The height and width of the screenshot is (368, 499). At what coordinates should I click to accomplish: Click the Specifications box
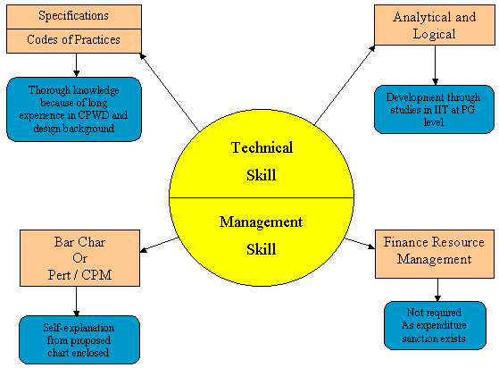[74, 17]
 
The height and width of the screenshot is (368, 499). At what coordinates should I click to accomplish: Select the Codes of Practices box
[74, 41]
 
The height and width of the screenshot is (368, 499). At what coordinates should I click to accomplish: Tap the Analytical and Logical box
[435, 25]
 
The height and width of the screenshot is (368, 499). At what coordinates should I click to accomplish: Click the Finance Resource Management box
[435, 254]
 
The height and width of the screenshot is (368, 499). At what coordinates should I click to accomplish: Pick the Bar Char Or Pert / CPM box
[79, 258]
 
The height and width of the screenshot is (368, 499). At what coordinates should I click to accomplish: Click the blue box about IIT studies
[434, 109]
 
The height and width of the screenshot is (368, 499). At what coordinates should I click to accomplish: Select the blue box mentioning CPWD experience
[74, 109]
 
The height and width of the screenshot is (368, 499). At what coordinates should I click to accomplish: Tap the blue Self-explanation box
[79, 339]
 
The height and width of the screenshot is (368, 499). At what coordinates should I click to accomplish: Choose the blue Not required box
[435, 325]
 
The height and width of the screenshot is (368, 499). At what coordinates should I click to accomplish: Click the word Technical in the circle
[262, 147]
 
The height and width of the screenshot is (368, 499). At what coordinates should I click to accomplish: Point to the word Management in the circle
[261, 222]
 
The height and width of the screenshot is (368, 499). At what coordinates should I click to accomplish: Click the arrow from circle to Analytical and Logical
[345, 85]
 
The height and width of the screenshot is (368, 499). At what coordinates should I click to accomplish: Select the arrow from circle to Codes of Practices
[170, 92]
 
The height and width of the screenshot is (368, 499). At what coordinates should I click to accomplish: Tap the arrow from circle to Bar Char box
[159, 245]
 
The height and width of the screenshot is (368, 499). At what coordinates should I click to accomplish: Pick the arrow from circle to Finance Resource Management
[360, 243]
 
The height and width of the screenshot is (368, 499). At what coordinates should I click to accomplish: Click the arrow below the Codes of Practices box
[76, 65]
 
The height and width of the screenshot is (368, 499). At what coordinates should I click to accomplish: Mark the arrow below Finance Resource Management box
[437, 289]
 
